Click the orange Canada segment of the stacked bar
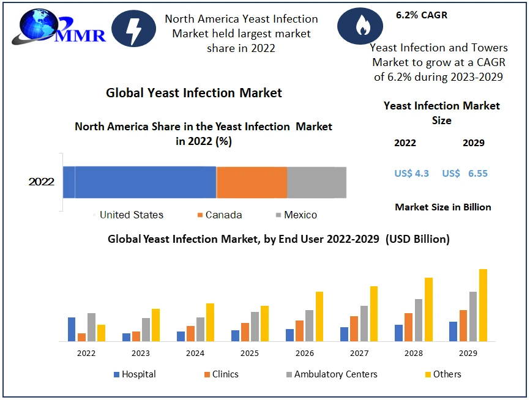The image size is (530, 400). (252, 182)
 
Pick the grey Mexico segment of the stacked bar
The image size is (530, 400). (316, 182)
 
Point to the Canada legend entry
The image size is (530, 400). (220, 215)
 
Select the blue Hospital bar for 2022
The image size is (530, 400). (72, 329)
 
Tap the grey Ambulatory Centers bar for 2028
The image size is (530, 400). (419, 320)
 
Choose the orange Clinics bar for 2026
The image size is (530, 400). (299, 331)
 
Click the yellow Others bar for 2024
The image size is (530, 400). (210, 322)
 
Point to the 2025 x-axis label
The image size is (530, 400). (250, 354)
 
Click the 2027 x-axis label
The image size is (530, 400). (359, 354)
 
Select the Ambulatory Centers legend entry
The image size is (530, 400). (331, 374)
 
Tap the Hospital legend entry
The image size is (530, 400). (135, 374)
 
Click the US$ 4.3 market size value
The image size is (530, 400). (412, 174)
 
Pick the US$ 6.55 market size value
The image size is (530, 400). (465, 174)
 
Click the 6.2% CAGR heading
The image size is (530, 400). (422, 15)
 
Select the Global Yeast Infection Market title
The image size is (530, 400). (194, 93)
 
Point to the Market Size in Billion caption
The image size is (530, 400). (443, 207)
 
